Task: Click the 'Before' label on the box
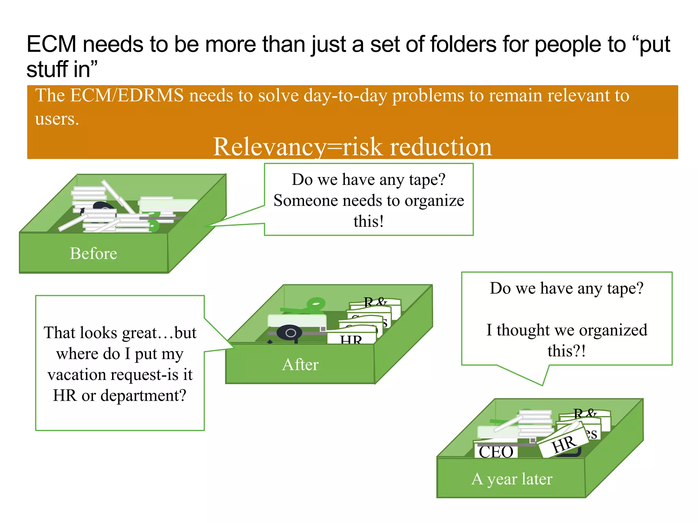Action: click(x=93, y=254)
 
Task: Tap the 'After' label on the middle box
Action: click(x=300, y=365)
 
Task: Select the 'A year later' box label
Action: click(x=512, y=479)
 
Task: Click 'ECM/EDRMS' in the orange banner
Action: click(x=127, y=95)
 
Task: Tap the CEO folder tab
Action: click(x=496, y=451)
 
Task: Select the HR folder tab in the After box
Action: click(x=351, y=339)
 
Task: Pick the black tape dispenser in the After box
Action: click(x=290, y=333)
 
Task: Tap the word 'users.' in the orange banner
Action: click(x=57, y=119)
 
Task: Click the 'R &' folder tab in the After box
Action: click(x=375, y=302)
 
